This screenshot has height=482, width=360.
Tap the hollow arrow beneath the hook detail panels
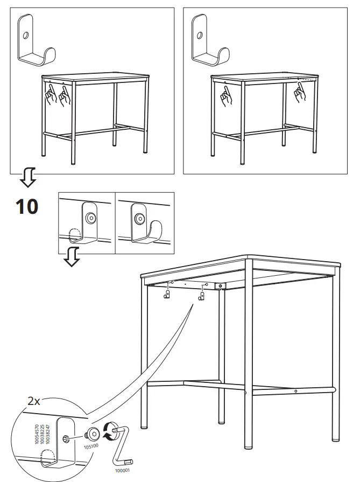pyautogui.click(x=71, y=258)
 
